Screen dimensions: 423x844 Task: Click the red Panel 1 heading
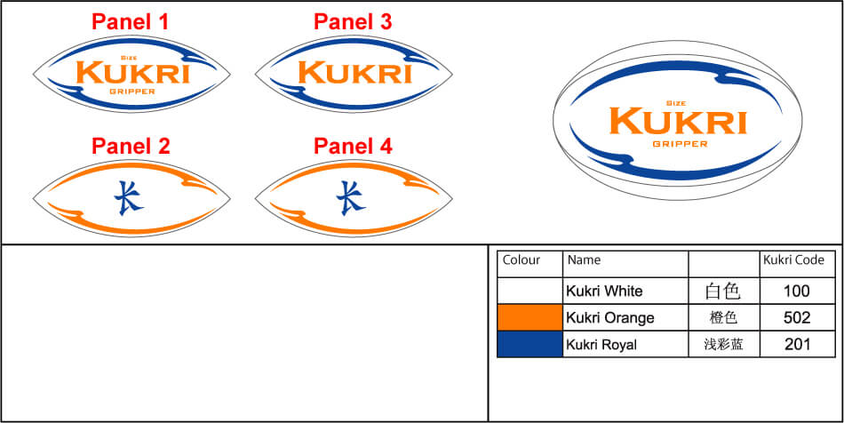pyautogui.click(x=131, y=22)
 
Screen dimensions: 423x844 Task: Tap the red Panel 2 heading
pyautogui.click(x=131, y=147)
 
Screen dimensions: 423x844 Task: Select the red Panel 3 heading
pyautogui.click(x=353, y=22)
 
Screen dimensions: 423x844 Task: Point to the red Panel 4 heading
pyautogui.click(x=353, y=147)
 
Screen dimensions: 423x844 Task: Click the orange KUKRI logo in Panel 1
pyautogui.click(x=131, y=73)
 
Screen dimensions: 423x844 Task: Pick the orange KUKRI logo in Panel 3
pyautogui.click(x=354, y=73)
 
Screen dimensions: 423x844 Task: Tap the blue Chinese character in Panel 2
pyautogui.click(x=131, y=197)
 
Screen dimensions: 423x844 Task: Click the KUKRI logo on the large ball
pyautogui.click(x=679, y=120)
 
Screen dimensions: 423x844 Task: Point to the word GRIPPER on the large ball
pyautogui.click(x=680, y=143)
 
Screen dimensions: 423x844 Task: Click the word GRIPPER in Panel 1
pyautogui.click(x=131, y=91)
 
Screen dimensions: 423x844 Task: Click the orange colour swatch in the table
pyautogui.click(x=529, y=317)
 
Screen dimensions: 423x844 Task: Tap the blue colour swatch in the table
pyautogui.click(x=529, y=344)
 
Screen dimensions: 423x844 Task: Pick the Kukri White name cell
pyautogui.click(x=604, y=291)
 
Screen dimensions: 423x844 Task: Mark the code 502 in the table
pyautogui.click(x=797, y=318)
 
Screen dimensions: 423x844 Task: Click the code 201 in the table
pyautogui.click(x=797, y=345)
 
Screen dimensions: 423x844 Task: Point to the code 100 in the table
pyautogui.click(x=797, y=291)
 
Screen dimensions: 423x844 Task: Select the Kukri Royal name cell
pyautogui.click(x=601, y=345)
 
